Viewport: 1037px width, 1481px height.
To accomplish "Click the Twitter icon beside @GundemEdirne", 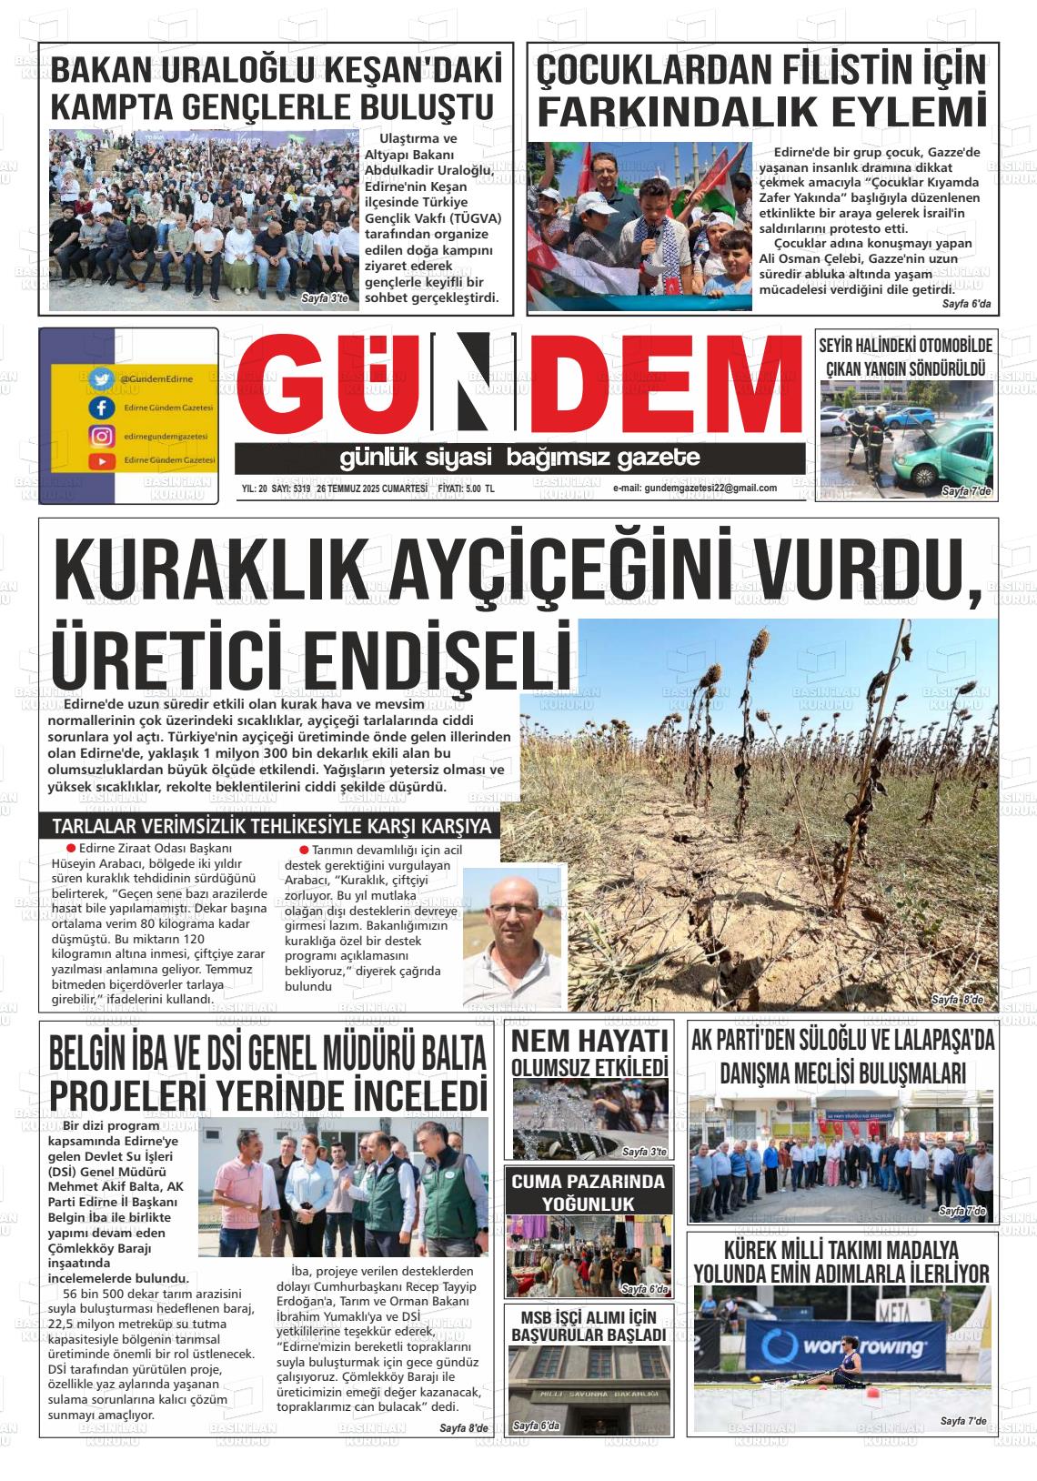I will tap(100, 378).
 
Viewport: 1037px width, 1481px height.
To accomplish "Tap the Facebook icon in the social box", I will tap(100, 408).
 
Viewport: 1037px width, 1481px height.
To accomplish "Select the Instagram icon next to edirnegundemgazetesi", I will tap(100, 436).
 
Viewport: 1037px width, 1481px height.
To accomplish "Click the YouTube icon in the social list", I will tap(100, 461).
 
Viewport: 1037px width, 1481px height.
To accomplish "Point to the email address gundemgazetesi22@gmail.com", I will tap(695, 489).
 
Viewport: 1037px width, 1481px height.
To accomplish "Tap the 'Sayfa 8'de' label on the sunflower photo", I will tap(957, 1001).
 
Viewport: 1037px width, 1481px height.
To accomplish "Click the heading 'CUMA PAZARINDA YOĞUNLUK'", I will tap(588, 1193).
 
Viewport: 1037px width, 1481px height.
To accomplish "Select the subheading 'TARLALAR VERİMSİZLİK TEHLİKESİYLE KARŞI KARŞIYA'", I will tap(272, 827).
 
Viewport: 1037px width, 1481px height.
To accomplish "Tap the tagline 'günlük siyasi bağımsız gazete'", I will tap(519, 457).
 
